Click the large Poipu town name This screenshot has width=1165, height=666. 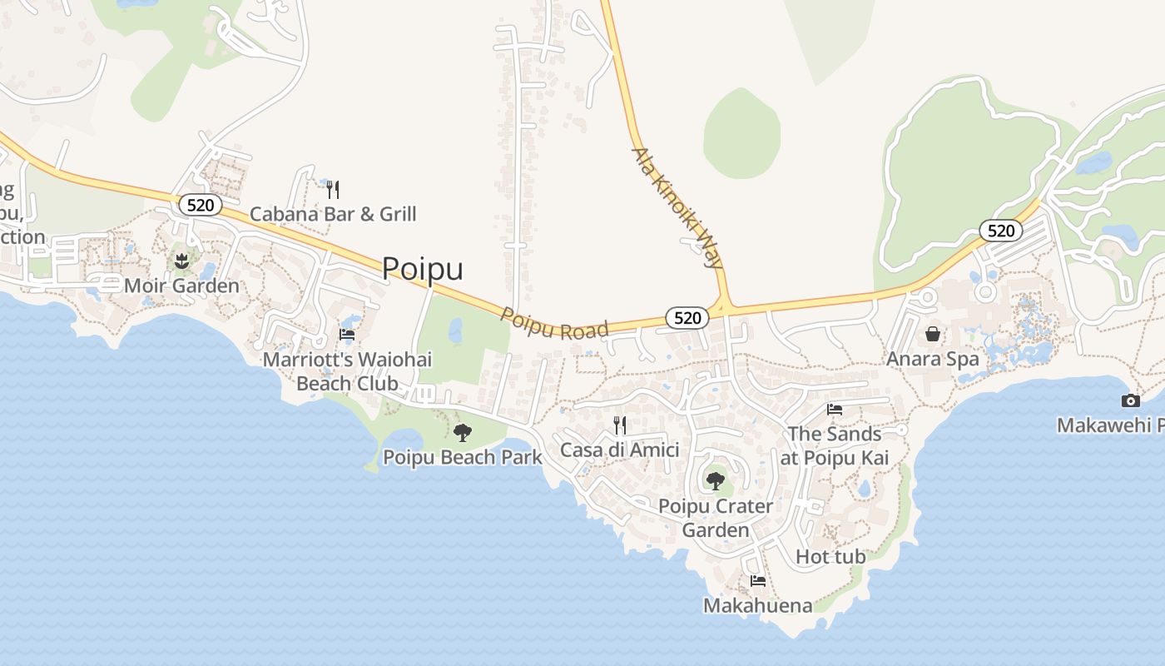pos(423,269)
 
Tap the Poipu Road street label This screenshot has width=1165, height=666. pos(554,323)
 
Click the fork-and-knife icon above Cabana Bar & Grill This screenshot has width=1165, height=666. pos(333,190)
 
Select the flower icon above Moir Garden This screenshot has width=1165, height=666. pos(182,262)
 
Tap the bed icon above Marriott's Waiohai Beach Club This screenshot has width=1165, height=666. pos(347,335)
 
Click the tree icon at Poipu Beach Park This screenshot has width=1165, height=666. pos(463,433)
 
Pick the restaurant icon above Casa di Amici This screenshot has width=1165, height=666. pos(620,425)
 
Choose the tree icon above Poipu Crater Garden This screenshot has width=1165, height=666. pos(715,480)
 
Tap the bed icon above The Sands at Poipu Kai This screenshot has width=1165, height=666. pos(835,409)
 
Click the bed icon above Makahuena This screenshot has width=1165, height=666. pos(758,581)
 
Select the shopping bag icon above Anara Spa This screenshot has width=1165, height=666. pos(933,334)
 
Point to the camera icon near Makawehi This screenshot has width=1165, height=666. pos(1129,400)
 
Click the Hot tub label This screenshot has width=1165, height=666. pos(830,556)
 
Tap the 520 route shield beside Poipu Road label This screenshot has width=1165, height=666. pos(687,317)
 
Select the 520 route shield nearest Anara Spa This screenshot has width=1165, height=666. pos(1000,231)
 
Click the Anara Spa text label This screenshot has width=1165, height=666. pos(933,360)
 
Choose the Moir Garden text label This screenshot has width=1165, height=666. pos(181,286)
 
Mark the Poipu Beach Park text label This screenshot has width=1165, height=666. pos(463,457)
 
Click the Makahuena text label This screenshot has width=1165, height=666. pos(758,605)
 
